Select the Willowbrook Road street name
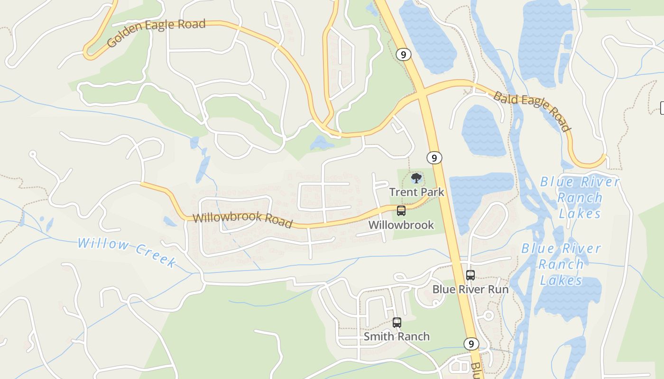click(x=242, y=220)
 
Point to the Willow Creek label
click(x=127, y=252)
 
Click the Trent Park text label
click(x=416, y=192)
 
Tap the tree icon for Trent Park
click(x=416, y=179)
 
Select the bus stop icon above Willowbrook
click(x=401, y=211)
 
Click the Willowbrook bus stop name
click(x=401, y=225)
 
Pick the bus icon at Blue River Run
click(x=470, y=275)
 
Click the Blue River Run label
click(x=470, y=289)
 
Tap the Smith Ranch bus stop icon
click(x=397, y=323)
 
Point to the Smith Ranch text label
click(x=397, y=336)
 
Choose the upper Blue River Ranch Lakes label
click(x=580, y=198)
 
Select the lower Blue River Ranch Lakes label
click(x=561, y=264)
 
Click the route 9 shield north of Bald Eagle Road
click(x=403, y=54)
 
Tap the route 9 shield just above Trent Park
click(x=434, y=158)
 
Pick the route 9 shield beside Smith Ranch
click(x=470, y=343)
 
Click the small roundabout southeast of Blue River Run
click(x=489, y=315)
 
